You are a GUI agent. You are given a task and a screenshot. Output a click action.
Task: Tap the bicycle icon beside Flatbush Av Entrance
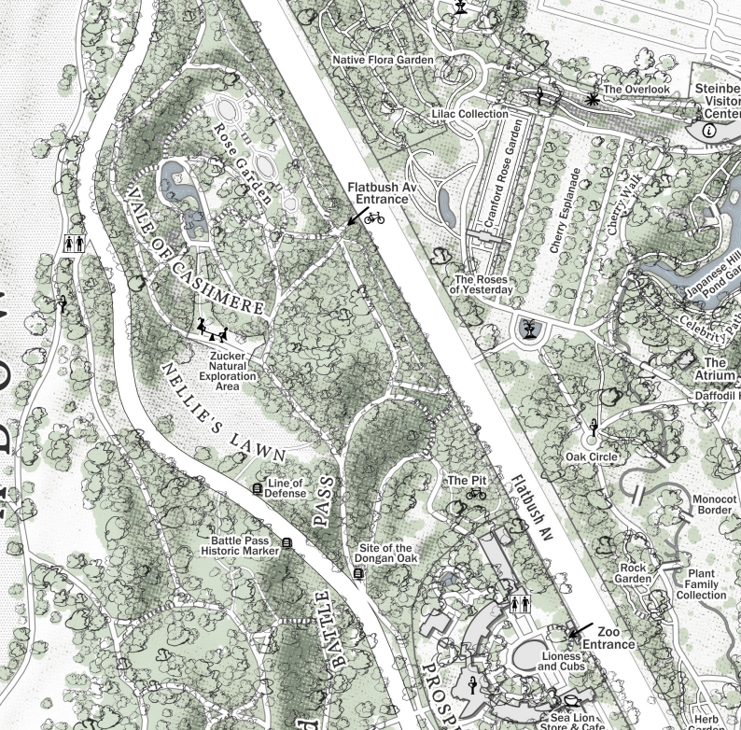pos(374,218)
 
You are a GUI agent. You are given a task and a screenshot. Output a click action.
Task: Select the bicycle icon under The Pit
pos(476,494)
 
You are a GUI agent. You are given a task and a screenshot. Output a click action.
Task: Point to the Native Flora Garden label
pos(384,60)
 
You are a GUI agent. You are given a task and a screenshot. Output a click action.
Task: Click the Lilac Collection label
pos(469,114)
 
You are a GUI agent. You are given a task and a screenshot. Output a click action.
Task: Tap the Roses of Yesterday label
pos(483,285)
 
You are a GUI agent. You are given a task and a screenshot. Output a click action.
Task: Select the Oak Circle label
pos(591,456)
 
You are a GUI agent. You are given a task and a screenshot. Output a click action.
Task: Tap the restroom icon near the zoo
pos(521,604)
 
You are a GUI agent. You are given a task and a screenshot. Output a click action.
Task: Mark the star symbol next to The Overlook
pos(591,98)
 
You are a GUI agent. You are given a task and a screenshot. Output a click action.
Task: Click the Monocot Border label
pos(715,504)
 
